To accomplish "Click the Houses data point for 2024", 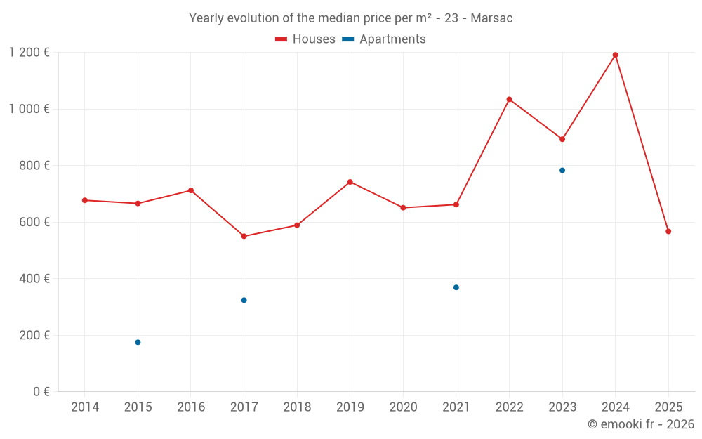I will point(615,55).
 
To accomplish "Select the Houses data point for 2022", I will point(509,99).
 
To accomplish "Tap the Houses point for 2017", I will point(244,236).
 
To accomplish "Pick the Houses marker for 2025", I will point(668,231).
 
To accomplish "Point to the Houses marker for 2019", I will point(350,182).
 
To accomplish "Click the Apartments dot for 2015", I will point(138,342).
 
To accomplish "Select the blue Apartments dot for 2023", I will point(562,170).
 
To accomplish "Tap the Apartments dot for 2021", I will point(456,287).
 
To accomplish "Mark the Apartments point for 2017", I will point(244,300).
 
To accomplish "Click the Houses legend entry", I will point(305,39).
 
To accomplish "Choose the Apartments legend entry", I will point(384,39).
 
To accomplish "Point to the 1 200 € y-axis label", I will point(29,53).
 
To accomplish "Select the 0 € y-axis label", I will point(41,392).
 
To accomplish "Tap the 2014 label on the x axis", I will point(85,407).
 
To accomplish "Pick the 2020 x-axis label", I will point(403,407).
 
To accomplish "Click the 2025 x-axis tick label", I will point(668,407).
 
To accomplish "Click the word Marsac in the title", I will point(491,18).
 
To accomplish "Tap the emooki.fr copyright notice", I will point(641,424).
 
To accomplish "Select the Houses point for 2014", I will point(85,200).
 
